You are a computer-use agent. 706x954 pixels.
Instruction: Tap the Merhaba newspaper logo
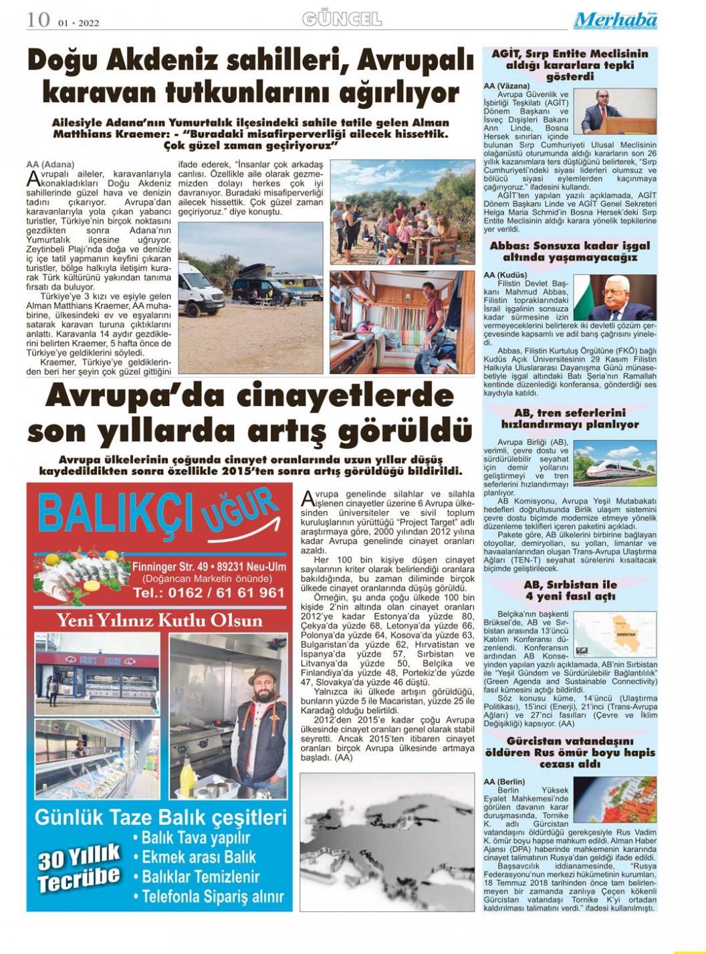[615, 20]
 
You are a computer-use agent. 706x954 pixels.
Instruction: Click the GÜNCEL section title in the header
[342, 19]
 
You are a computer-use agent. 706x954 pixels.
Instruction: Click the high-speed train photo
[614, 462]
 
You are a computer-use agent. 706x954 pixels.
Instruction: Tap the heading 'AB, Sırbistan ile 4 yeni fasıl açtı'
[570, 590]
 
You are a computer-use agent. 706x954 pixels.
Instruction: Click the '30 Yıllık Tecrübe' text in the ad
[79, 867]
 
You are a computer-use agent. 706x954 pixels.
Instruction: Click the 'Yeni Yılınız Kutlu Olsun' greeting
[158, 620]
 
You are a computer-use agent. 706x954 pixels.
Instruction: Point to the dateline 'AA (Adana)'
[50, 164]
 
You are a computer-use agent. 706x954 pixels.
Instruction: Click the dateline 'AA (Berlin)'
[504, 781]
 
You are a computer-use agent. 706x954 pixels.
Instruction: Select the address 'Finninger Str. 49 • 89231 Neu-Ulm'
[209, 567]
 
